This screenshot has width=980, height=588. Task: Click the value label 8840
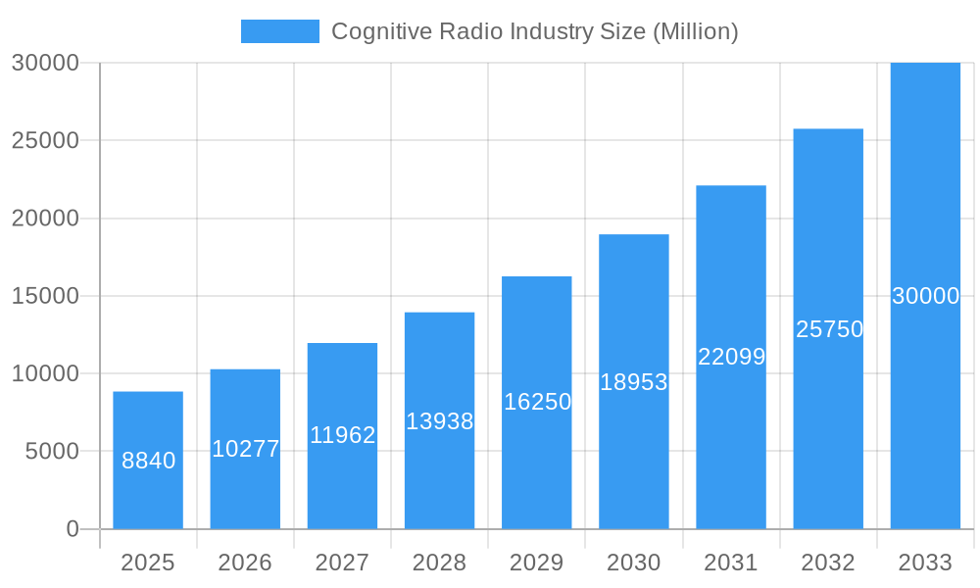pos(148,461)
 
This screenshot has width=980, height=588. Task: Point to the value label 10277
pos(245,449)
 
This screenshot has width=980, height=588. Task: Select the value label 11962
pos(342,435)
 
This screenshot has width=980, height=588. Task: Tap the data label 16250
pos(537,402)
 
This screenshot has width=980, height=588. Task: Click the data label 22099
pos(731,357)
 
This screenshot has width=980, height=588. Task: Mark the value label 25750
pos(828,329)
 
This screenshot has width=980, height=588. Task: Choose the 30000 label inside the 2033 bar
pos(925,296)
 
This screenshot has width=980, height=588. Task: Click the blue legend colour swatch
pos(280,31)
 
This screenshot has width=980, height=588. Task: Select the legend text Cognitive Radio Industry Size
pos(534,31)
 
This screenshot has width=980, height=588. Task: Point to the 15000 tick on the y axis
pos(45,296)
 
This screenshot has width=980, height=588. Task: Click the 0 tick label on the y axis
pos(73,529)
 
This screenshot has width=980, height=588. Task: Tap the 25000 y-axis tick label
pos(45,140)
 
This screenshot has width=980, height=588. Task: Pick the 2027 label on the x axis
pos(342,563)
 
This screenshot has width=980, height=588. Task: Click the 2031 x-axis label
pos(731,563)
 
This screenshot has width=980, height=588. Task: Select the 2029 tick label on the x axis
pos(537,563)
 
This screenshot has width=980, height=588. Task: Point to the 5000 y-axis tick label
pos(51,452)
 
